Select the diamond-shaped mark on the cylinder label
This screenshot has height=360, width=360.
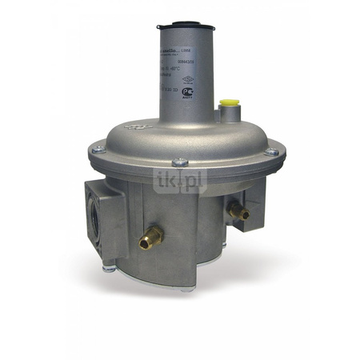pyautogui.click(x=188, y=80)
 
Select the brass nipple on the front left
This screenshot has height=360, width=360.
pyautogui.click(x=150, y=236)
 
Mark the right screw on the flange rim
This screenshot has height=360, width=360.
pyautogui.click(x=271, y=150)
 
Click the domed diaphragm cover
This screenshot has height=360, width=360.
pyautogui.click(x=184, y=136)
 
